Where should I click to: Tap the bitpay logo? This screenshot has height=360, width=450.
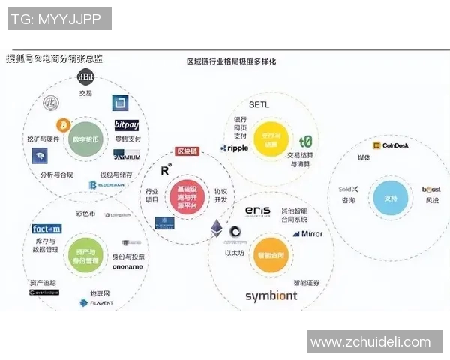click(x=127, y=124)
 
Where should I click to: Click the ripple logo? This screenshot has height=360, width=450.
click(x=235, y=148)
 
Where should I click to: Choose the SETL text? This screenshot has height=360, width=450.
click(x=258, y=104)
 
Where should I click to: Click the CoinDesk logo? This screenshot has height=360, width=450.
click(x=389, y=146)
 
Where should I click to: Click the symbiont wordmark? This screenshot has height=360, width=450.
click(x=271, y=295)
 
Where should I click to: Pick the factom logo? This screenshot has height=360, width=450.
click(x=46, y=229)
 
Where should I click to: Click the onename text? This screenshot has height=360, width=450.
click(x=128, y=266)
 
